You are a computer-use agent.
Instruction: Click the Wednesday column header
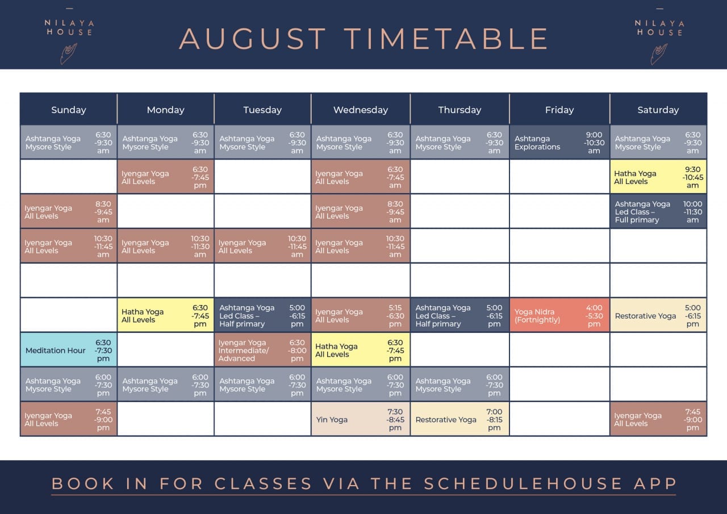point(361,110)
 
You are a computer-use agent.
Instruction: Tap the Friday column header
point(559,110)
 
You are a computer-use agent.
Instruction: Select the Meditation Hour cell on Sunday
point(69,350)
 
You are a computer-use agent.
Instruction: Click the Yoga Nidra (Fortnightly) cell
point(559,315)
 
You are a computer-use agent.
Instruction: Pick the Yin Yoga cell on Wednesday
point(361,419)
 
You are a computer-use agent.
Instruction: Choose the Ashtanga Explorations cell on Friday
point(559,142)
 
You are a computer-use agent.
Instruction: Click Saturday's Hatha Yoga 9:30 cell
point(658,177)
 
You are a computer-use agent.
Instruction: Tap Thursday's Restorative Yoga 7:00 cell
point(459,419)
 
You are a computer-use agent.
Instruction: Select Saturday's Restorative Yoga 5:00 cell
point(658,315)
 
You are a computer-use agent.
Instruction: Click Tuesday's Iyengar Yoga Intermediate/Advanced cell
point(262,350)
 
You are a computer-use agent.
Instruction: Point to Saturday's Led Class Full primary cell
point(658,211)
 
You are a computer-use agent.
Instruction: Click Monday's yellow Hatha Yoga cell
point(165,315)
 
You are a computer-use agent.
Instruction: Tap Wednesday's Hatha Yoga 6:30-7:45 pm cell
point(361,350)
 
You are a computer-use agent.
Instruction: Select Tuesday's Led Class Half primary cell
point(262,315)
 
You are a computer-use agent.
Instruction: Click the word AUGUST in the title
point(253,39)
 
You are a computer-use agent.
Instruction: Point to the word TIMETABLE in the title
point(446,39)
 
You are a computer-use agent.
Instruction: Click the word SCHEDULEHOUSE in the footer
point(523,483)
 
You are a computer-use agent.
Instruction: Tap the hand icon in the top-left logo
point(69,53)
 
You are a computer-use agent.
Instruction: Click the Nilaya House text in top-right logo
point(659,28)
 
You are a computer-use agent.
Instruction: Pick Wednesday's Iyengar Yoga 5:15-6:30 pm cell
point(361,315)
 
